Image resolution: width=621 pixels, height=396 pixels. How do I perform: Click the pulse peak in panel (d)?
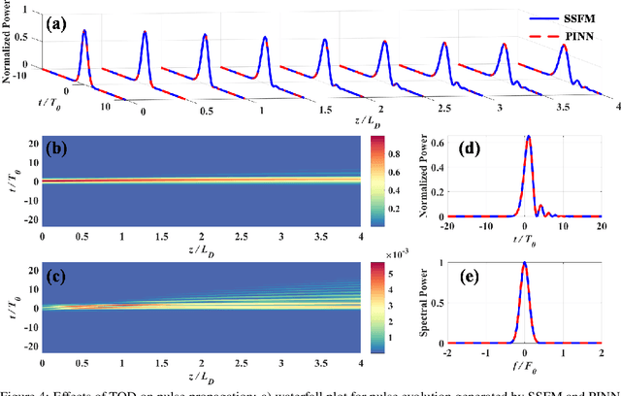point(528,137)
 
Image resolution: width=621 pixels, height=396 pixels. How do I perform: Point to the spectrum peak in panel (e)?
point(525,262)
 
